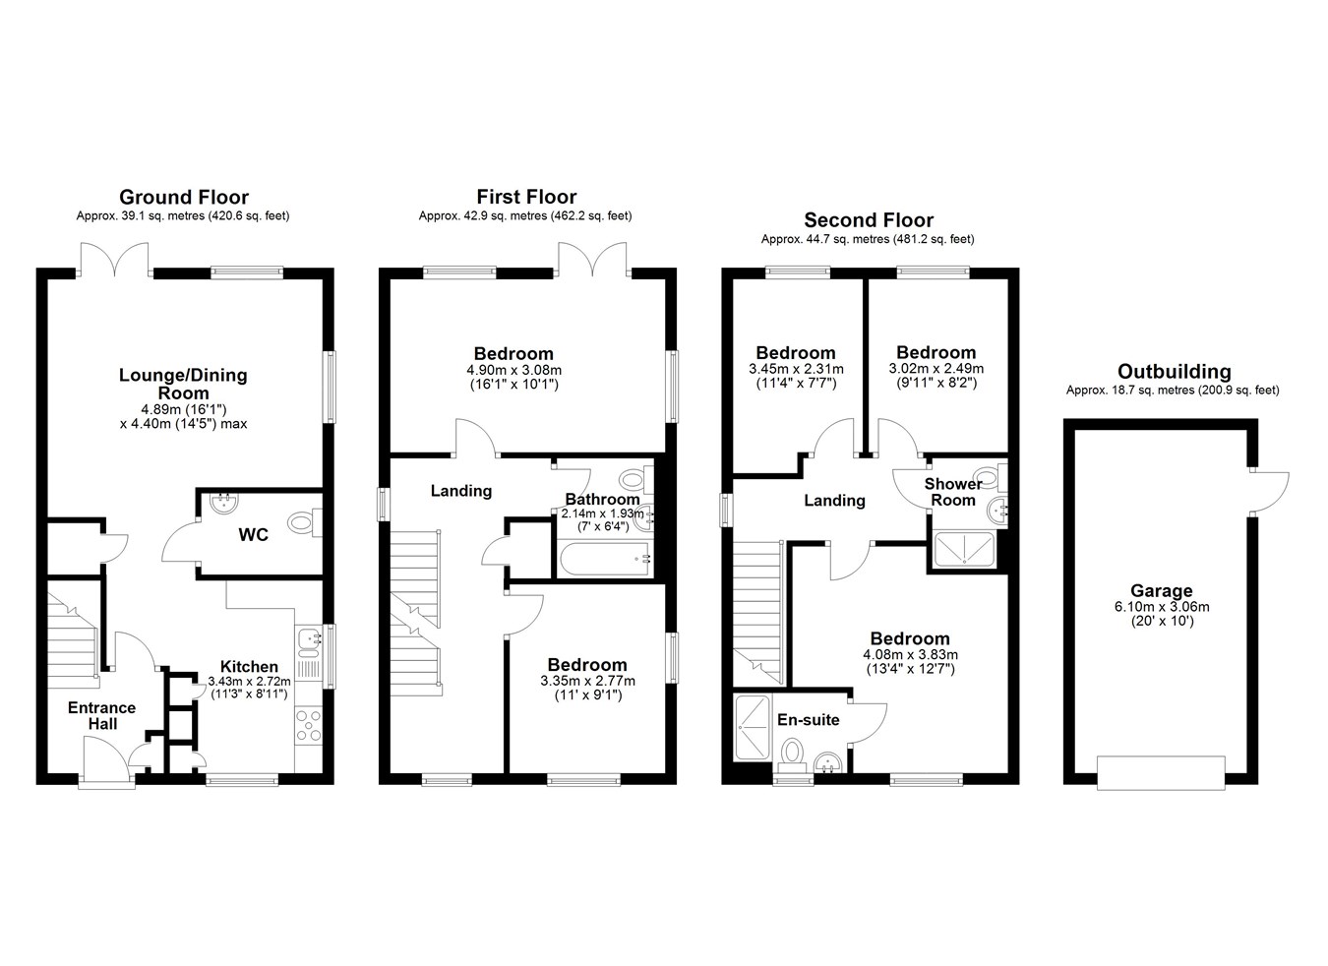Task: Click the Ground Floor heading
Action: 184,197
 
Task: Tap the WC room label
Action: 253,535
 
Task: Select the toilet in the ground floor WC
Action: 305,523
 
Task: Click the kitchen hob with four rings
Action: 309,726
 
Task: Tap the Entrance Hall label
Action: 102,716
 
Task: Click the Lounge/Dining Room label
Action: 183,384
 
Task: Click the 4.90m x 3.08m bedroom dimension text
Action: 514,371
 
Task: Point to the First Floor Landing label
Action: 461,491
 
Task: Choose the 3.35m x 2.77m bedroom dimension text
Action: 587,681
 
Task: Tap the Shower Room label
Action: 953,492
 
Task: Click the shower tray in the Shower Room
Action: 964,549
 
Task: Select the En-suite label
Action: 809,720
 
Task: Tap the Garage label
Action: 1162,590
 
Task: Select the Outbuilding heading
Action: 1174,372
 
